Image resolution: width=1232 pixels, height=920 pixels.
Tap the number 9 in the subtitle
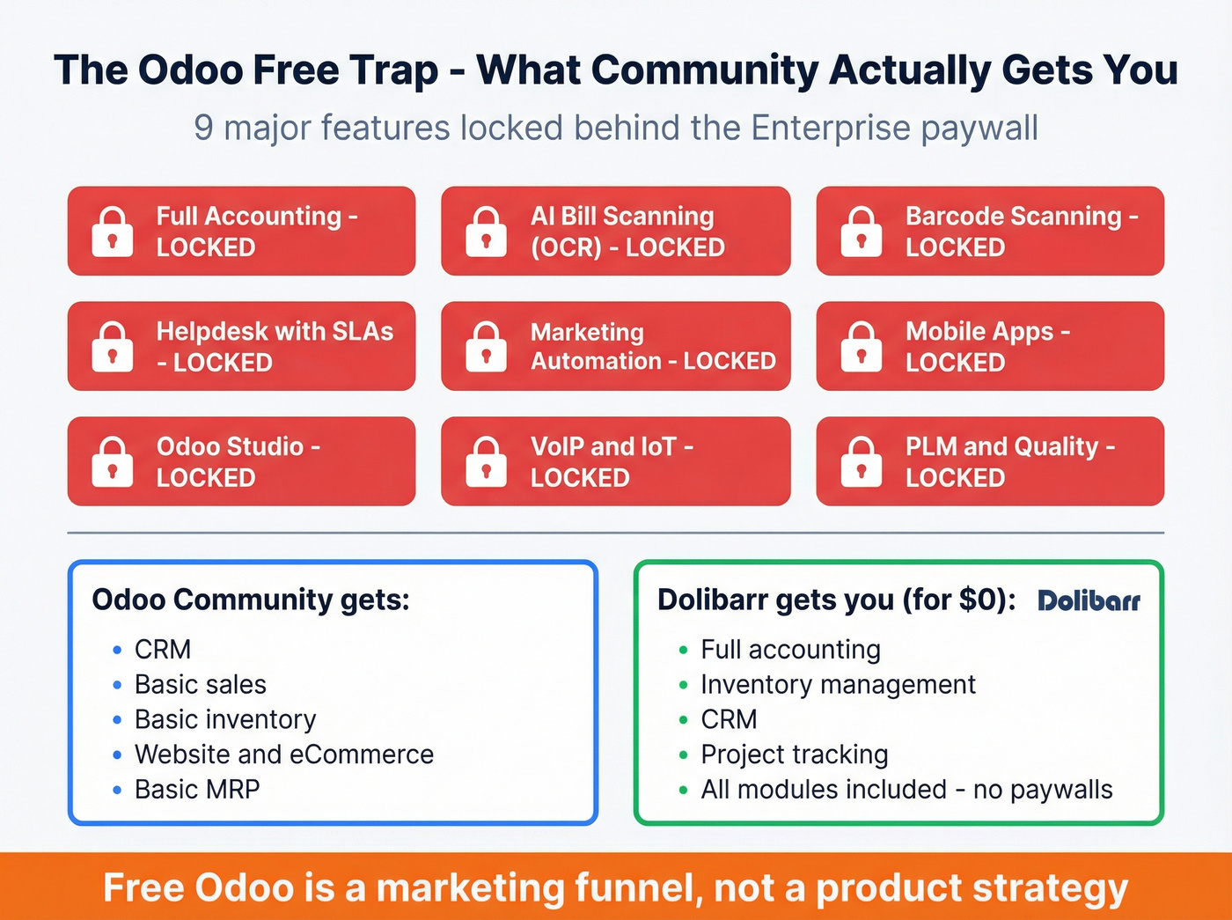[x=203, y=128]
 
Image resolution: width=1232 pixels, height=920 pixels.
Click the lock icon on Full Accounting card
[x=113, y=232]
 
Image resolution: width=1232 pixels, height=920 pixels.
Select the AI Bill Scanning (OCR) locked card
[x=615, y=231]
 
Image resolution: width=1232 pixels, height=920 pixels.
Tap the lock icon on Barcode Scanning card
[x=861, y=232]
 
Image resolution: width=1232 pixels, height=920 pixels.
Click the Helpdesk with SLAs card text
[x=274, y=346]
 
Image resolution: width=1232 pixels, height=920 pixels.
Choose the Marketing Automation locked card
[x=615, y=346]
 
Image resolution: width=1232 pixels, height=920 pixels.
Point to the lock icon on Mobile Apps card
[x=861, y=346]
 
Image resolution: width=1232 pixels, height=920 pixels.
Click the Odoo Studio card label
[x=238, y=461]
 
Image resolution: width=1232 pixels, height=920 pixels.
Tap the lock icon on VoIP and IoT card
[x=487, y=461]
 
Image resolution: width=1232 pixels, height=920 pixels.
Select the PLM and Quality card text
[x=1009, y=461]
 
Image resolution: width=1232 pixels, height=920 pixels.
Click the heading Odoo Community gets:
[x=251, y=600]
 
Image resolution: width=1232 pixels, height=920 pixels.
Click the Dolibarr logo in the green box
[x=1089, y=601]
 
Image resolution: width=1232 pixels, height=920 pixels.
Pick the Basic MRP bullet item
[x=197, y=790]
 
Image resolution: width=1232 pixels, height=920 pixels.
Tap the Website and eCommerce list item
[x=283, y=754]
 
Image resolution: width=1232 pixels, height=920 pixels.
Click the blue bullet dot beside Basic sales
[x=117, y=685]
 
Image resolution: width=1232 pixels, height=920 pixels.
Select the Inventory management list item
[x=838, y=684]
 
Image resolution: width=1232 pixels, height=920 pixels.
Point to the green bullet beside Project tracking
[x=683, y=755]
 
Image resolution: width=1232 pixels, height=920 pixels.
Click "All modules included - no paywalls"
[x=906, y=790]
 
